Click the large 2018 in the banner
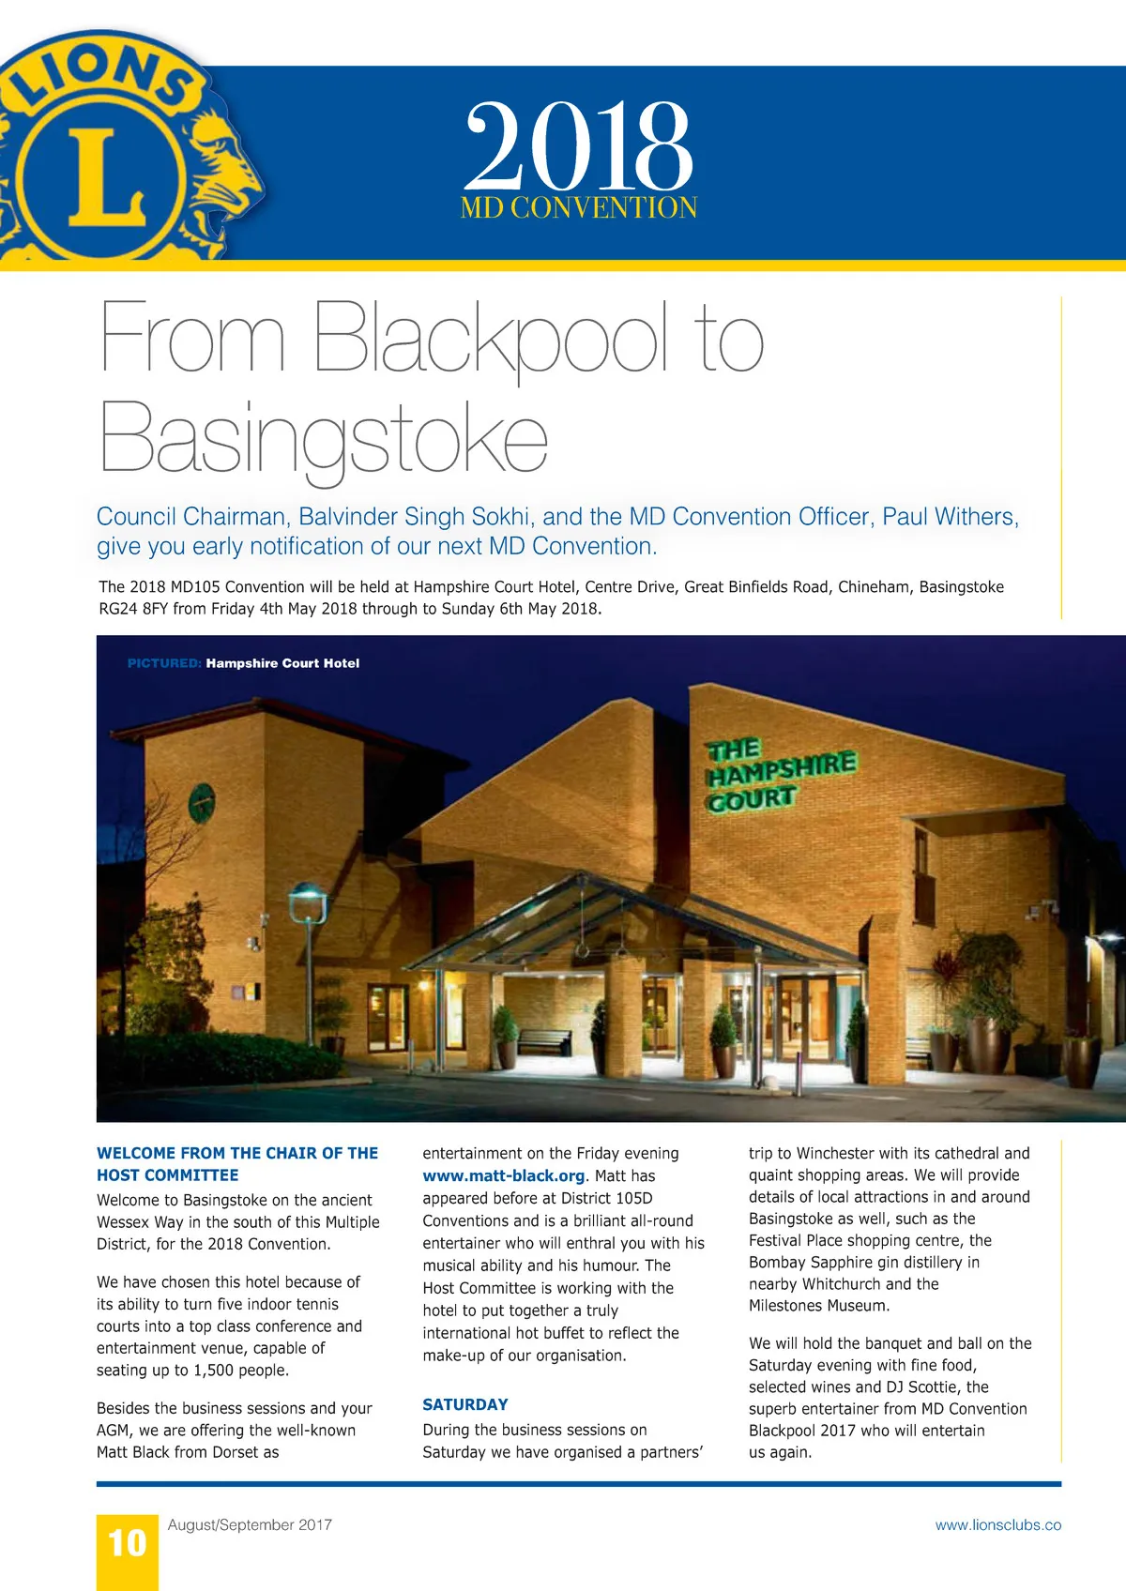click(x=578, y=146)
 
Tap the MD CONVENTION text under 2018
click(x=578, y=207)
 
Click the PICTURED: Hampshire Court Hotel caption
click(x=243, y=663)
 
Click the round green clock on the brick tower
click(x=202, y=804)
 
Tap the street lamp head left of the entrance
click(x=306, y=901)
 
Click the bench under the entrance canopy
click(x=544, y=1040)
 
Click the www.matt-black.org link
click(x=504, y=1176)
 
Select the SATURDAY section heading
click(x=465, y=1404)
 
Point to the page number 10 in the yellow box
click(x=128, y=1543)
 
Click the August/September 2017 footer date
click(x=250, y=1525)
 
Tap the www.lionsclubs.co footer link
click(x=997, y=1525)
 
